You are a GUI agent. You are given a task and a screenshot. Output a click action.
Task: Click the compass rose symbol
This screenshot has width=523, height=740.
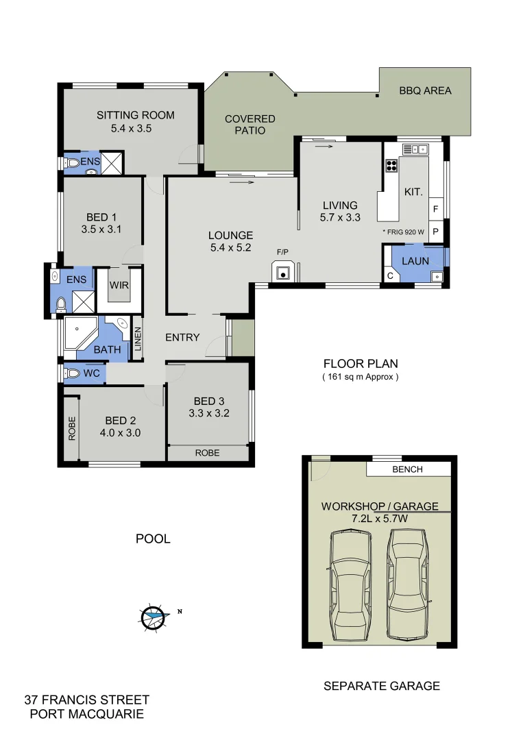pos(154,617)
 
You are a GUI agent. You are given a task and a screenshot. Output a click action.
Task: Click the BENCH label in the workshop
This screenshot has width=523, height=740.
pos(407,469)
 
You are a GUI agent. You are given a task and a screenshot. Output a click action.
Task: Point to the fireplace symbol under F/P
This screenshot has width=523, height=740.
pos(282,273)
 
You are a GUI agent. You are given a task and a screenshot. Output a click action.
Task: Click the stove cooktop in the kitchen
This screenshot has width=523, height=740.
pos(392,165)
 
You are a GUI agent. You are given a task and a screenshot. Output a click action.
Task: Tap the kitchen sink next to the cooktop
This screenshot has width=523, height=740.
pos(415,148)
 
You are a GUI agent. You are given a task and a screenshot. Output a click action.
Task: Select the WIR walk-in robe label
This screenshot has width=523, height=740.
pos(119,284)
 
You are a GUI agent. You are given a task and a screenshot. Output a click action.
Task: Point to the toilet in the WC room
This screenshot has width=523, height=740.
pos(72,373)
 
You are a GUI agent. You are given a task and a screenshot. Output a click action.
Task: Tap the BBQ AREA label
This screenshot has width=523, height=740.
pos(425,90)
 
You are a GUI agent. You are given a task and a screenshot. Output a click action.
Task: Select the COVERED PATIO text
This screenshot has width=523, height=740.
pos(250,125)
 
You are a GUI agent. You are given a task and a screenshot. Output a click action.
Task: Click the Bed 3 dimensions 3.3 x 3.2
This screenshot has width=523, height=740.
pos(208,413)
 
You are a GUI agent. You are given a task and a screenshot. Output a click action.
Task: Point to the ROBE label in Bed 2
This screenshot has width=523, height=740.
pos(71,428)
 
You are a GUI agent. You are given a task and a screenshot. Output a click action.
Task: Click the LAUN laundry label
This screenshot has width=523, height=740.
pos(415,261)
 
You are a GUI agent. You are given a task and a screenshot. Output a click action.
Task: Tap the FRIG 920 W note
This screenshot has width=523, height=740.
pos(405,232)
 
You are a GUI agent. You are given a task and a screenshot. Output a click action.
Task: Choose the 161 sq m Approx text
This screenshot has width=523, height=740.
pos(360,377)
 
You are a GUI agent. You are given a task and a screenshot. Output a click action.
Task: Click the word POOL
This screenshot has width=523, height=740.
pos(152,539)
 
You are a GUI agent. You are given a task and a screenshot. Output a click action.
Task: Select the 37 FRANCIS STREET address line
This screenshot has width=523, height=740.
pos(86,700)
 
